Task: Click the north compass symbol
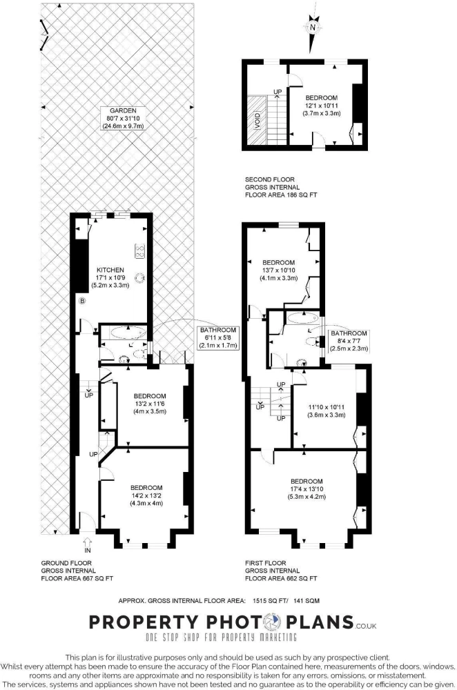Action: [x=313, y=28]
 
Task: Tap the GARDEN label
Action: [x=124, y=110]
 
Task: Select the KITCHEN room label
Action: [x=110, y=270]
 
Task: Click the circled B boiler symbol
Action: [x=82, y=301]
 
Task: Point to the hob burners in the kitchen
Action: [x=140, y=250]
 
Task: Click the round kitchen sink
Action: [x=140, y=277]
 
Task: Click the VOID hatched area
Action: [x=257, y=120]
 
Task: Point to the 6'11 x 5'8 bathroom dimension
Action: [x=218, y=337]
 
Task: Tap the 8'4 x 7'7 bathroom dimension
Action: [x=349, y=341]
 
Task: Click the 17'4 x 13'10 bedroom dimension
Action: [x=307, y=489]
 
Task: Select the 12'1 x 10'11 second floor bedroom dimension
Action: [x=322, y=106]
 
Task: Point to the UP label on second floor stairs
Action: [x=278, y=92]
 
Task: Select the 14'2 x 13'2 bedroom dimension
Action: [x=146, y=495]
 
